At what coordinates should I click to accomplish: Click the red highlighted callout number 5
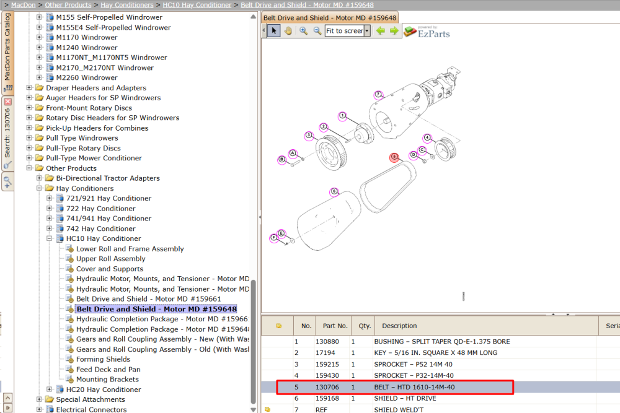[x=394, y=157]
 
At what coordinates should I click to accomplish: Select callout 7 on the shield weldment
[x=378, y=95]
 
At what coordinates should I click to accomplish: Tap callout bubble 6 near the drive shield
[x=334, y=192]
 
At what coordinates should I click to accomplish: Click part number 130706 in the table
[x=327, y=387]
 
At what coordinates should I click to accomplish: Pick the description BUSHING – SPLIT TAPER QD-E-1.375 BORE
[x=442, y=342]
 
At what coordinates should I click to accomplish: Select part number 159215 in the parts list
[x=327, y=364]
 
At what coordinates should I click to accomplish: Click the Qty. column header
[x=365, y=326]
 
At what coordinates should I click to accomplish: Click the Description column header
[x=399, y=326]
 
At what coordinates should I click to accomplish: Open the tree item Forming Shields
[x=103, y=359]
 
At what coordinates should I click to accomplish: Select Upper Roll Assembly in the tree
[x=111, y=259]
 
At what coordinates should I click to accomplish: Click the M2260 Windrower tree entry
[x=87, y=78]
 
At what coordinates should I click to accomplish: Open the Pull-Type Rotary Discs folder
[x=83, y=148]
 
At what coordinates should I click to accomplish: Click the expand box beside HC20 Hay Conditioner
[x=49, y=389]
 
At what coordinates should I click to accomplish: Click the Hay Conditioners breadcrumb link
[x=127, y=5]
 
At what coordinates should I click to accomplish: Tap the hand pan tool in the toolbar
[x=288, y=31]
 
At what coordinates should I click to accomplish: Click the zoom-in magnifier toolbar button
[x=303, y=31]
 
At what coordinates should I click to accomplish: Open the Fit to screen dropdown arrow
[x=367, y=31]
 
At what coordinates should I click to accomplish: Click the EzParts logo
[x=427, y=32]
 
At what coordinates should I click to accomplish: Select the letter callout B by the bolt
[x=282, y=160]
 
